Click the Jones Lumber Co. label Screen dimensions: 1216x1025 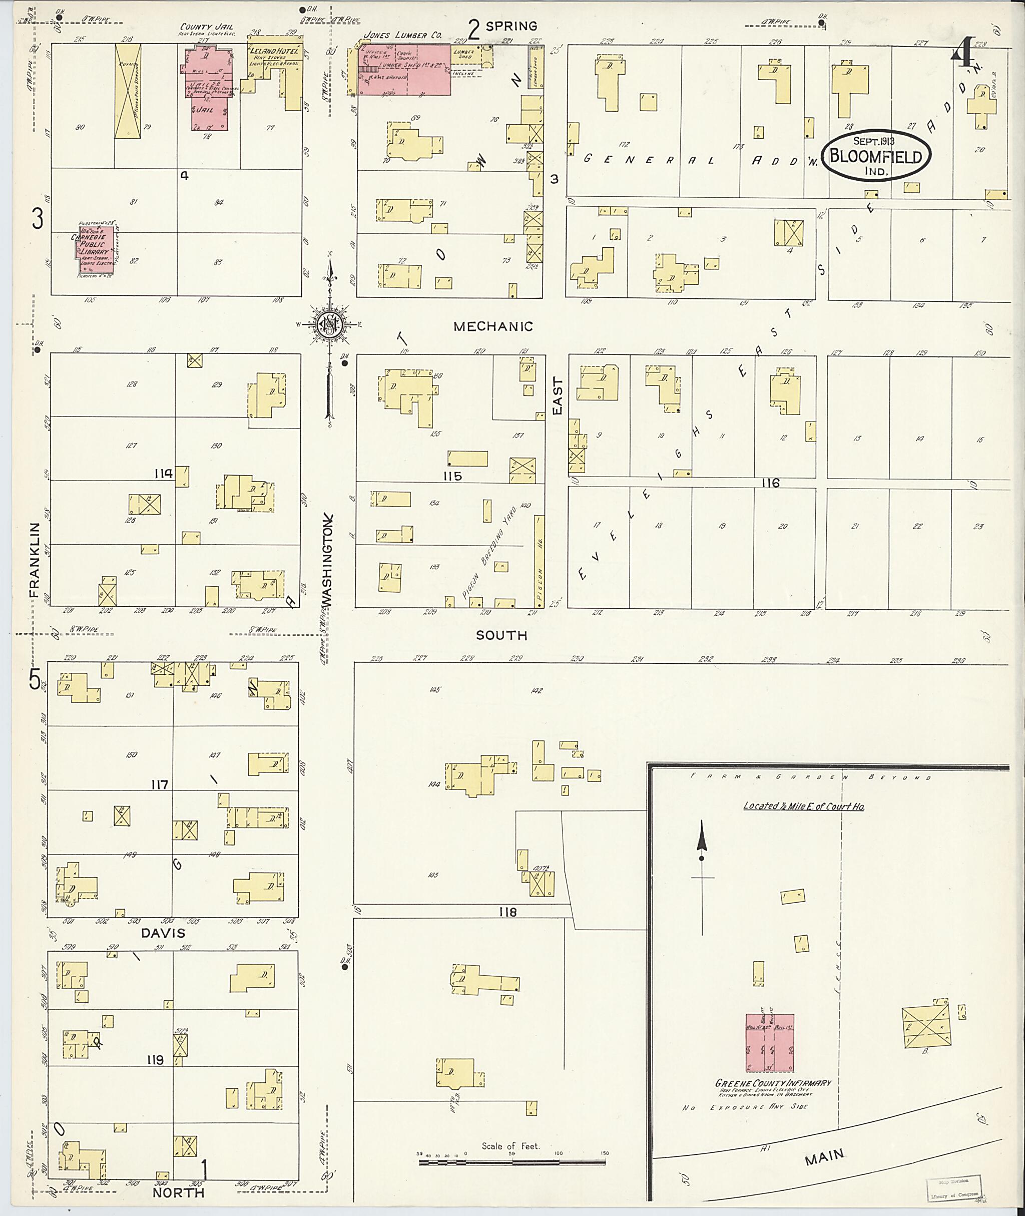pyautogui.click(x=402, y=36)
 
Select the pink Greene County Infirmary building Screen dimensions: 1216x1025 pyautogui.click(x=770, y=1043)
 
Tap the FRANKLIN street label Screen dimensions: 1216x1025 pyautogui.click(x=35, y=560)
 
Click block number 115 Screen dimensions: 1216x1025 pyautogui.click(x=452, y=476)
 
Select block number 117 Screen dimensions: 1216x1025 pyautogui.click(x=159, y=784)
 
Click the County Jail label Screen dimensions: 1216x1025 pyautogui.click(x=199, y=27)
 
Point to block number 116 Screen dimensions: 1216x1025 pyautogui.click(x=770, y=483)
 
